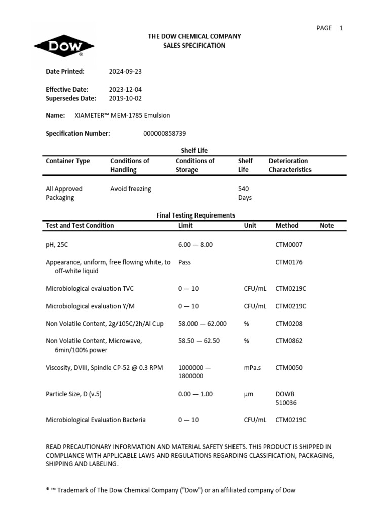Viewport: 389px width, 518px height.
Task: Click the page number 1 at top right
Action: tap(341, 28)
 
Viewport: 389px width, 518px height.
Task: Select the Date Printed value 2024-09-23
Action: tap(126, 71)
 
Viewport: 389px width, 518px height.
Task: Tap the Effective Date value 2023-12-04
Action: tap(126, 89)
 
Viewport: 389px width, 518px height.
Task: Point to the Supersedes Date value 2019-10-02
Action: tap(126, 98)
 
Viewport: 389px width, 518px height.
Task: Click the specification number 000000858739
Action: tap(165, 133)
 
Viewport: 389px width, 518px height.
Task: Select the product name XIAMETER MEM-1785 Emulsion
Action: tap(122, 115)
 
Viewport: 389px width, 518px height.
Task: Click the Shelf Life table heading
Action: tap(194, 150)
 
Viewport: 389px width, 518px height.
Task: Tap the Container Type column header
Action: tap(68, 161)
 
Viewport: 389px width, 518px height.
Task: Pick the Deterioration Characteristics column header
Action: tap(290, 165)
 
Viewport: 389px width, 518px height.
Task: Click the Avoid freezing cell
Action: tap(131, 189)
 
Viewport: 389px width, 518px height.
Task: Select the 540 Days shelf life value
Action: tap(244, 193)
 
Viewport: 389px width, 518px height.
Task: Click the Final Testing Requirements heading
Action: tap(195, 215)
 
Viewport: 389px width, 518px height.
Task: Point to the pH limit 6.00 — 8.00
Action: tap(196, 244)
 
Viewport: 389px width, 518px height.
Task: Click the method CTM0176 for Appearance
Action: tap(289, 262)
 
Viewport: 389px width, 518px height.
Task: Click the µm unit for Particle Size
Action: tap(248, 394)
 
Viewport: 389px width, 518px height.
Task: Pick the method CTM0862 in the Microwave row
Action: tap(289, 341)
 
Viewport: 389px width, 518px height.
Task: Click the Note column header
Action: tap(327, 225)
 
